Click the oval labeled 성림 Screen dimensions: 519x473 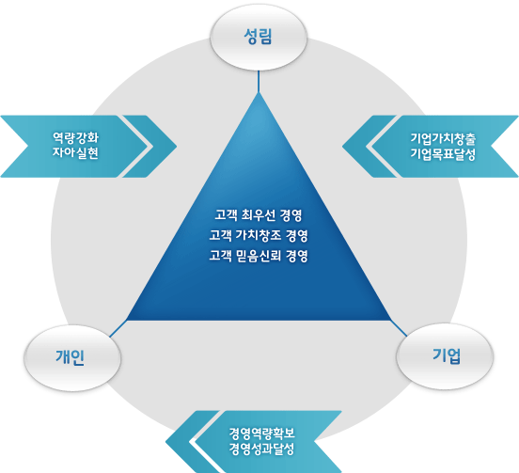[259, 37]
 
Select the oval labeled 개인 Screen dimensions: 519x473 [72, 358]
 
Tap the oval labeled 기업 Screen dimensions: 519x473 [445, 356]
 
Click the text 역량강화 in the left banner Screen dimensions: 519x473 [75, 137]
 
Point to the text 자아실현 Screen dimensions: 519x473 [75, 153]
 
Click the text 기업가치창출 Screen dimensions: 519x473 [443, 138]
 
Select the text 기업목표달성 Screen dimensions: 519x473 [443, 153]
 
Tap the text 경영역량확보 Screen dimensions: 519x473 [261, 433]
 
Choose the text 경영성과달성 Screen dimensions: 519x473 [261, 449]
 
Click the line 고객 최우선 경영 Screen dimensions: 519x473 [259, 215]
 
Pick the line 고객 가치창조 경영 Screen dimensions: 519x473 [259, 235]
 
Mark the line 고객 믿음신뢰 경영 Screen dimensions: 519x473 [259, 256]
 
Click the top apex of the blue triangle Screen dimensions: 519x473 [259, 93]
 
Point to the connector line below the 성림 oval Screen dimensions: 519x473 [259, 82]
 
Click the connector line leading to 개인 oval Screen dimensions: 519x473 [118, 329]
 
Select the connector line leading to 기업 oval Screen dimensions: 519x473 [399, 328]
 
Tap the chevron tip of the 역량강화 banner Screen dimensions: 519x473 [177, 146]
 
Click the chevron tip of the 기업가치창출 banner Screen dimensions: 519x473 [342, 146]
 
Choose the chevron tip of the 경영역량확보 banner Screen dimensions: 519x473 [165, 442]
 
